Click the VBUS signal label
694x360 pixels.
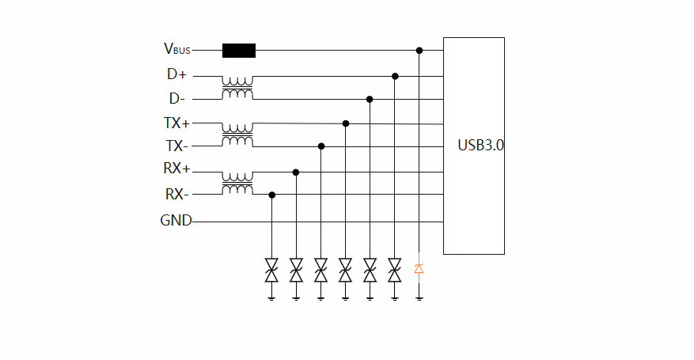coord(176,49)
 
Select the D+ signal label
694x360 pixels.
coord(176,74)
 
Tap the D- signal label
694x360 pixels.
coord(176,99)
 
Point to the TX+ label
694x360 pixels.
coord(176,123)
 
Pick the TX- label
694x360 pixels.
coord(176,146)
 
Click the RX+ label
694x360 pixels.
coord(176,170)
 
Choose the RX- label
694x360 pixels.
coord(176,195)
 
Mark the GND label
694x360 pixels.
coord(176,221)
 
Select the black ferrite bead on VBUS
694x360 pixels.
coord(239,51)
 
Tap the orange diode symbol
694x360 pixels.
coord(419,268)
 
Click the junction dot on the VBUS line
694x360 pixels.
coord(419,51)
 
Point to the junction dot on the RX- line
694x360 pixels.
coord(271,195)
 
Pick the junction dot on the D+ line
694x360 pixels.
coord(395,77)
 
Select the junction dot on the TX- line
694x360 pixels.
coord(320,146)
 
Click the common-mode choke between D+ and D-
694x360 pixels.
coord(237,88)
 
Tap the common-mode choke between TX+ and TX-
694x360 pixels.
coord(237,135)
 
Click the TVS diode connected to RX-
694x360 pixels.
coord(271,270)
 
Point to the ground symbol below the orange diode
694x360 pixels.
coord(419,298)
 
